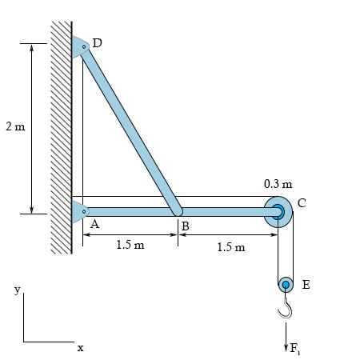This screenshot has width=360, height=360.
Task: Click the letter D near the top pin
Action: point(97,42)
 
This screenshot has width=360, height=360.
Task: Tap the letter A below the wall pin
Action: point(94,224)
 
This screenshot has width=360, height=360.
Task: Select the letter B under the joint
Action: point(186,226)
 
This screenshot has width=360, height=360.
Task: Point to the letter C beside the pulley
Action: point(302,203)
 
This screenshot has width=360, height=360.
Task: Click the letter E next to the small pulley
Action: point(306,285)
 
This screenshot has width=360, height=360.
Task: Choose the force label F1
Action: point(295,349)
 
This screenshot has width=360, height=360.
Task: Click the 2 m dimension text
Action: point(15,126)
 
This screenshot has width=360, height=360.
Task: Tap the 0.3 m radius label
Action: point(278,184)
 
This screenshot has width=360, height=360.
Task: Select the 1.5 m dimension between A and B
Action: point(130,245)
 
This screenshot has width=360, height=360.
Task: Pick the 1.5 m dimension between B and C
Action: point(231,247)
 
